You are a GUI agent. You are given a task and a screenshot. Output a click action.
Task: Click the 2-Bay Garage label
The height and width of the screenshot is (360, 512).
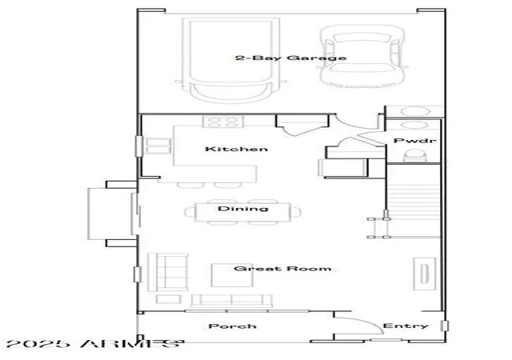click(290, 58)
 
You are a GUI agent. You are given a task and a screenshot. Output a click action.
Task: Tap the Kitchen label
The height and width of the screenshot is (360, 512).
click(237, 149)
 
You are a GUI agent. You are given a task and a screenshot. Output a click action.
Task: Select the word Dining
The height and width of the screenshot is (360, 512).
click(243, 209)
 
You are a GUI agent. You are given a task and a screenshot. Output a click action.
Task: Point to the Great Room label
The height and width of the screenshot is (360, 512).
click(282, 269)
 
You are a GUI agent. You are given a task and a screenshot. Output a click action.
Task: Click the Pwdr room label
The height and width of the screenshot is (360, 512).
click(414, 141)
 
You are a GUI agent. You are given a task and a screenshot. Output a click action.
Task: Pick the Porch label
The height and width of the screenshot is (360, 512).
click(233, 326)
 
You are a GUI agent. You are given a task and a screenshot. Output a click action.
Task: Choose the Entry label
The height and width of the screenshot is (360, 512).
click(406, 326)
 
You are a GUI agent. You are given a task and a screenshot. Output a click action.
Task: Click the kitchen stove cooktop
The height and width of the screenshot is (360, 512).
click(223, 122)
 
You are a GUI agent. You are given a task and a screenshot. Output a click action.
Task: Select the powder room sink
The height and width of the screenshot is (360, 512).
click(414, 125)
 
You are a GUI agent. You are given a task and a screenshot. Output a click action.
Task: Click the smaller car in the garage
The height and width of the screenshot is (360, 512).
click(362, 56)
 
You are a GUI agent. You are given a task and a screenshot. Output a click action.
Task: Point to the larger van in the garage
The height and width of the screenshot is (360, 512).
click(231, 61)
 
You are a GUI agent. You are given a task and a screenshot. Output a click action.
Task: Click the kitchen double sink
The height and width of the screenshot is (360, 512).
click(158, 146)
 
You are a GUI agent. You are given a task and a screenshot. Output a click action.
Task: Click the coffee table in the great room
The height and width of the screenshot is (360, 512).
click(232, 275)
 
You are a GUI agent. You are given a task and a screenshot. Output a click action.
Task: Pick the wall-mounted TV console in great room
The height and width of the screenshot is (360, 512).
click(424, 274)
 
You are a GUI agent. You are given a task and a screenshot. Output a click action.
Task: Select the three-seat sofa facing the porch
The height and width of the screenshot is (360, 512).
click(231, 301)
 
